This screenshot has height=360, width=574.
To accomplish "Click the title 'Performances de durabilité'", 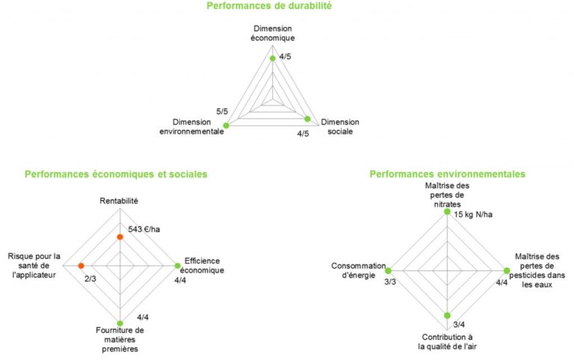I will click(x=268, y=6).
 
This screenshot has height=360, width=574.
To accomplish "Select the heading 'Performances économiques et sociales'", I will click(x=116, y=174).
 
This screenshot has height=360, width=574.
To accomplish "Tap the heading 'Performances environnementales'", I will click(x=447, y=174).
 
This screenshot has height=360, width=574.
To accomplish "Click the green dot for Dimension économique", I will click(x=272, y=58).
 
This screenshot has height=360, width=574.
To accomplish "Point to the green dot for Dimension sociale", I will click(x=308, y=118).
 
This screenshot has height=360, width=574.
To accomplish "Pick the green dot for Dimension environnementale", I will click(x=226, y=124).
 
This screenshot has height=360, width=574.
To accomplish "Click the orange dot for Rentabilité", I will click(x=120, y=237).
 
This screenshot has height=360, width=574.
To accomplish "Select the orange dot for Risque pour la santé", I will click(x=81, y=265).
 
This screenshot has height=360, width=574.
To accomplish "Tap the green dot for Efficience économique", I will click(x=177, y=265).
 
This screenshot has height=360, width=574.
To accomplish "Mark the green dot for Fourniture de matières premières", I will click(x=120, y=323).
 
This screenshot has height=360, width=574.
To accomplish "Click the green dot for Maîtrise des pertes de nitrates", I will click(x=447, y=212).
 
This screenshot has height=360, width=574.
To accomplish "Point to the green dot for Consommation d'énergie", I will click(x=387, y=270).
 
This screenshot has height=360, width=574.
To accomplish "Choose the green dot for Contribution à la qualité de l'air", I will click(x=447, y=315).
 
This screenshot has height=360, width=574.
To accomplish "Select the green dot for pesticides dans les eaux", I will click(x=506, y=270).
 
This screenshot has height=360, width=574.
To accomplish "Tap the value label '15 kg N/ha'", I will click(x=474, y=215).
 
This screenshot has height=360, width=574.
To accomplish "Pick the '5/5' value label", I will click(x=222, y=111).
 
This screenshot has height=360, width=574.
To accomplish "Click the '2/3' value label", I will click(x=89, y=278).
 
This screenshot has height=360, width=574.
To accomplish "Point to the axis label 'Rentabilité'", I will click(x=120, y=200).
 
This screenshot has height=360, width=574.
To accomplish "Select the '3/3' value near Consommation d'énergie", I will click(x=390, y=282).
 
